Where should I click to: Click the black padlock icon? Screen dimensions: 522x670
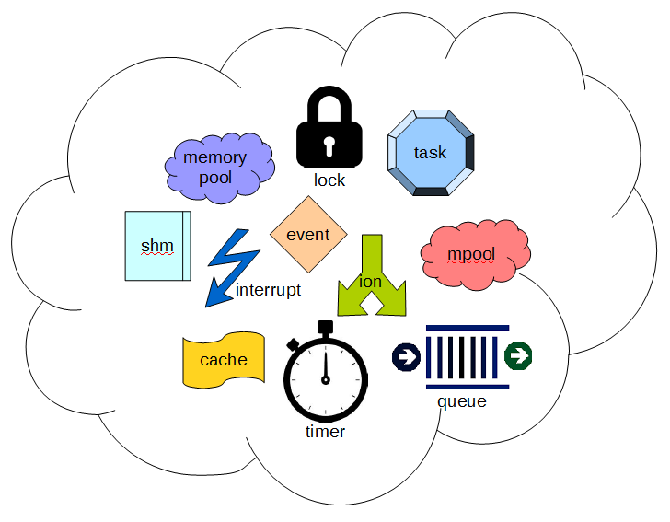coord(329,138)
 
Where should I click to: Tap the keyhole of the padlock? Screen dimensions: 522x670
coord(329,145)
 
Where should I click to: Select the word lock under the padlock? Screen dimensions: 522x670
coord(329,180)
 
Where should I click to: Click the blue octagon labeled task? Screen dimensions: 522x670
coord(430,153)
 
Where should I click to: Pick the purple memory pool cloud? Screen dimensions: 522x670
coord(219,168)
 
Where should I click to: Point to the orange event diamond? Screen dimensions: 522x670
coord(308,234)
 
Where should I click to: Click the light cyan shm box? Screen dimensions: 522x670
coord(157,245)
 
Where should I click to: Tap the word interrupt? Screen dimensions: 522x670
coord(268,290)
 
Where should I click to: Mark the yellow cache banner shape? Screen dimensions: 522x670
coord(224,360)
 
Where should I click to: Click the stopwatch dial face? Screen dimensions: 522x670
coord(325,378)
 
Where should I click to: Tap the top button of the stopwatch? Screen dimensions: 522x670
coord(325,326)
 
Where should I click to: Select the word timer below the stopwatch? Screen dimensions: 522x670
coord(325,432)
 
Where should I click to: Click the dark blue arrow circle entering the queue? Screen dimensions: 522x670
coord(405,355)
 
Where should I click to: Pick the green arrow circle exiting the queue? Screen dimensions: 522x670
coord(519,355)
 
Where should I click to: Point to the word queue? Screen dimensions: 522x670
coord(462,401)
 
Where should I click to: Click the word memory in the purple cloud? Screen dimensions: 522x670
coord(214,157)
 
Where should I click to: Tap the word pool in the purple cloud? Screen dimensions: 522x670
coord(215,177)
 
